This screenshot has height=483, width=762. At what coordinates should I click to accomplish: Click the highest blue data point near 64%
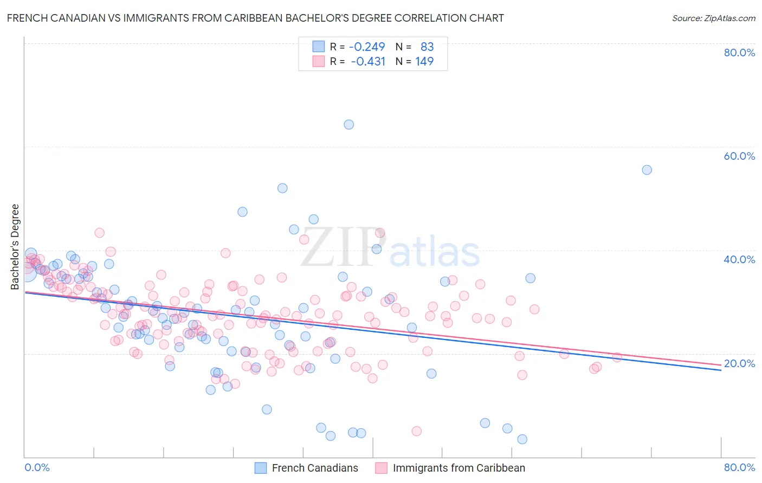(348, 125)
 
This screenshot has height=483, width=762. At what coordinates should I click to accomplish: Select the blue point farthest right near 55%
(647, 170)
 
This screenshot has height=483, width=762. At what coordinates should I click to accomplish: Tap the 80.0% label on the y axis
(739, 53)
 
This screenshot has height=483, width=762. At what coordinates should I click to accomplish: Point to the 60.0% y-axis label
(739, 156)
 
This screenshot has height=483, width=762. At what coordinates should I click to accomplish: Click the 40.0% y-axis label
(739, 259)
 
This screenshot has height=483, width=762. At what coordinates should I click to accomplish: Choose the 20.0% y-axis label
(739, 363)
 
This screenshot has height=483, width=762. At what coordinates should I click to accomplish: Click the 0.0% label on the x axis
(37, 467)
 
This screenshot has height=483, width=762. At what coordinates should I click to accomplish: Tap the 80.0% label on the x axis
(739, 467)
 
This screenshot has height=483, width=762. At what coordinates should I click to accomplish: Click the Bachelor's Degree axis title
(15, 247)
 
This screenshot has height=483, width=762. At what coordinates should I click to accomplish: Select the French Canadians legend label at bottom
(315, 468)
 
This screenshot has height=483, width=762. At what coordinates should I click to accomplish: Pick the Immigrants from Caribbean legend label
(459, 468)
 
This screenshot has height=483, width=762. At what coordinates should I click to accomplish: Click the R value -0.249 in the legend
(367, 47)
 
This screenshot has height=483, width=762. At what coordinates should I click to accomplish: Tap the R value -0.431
(368, 61)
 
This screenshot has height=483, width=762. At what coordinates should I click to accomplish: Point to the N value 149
(424, 61)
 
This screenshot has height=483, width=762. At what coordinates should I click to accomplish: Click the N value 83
(427, 47)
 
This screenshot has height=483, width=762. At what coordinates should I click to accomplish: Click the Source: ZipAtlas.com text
(713, 18)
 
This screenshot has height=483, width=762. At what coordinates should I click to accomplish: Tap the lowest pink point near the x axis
(416, 431)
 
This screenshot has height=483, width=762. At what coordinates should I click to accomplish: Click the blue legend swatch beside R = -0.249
(318, 47)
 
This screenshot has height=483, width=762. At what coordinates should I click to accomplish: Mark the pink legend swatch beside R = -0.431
(318, 61)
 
